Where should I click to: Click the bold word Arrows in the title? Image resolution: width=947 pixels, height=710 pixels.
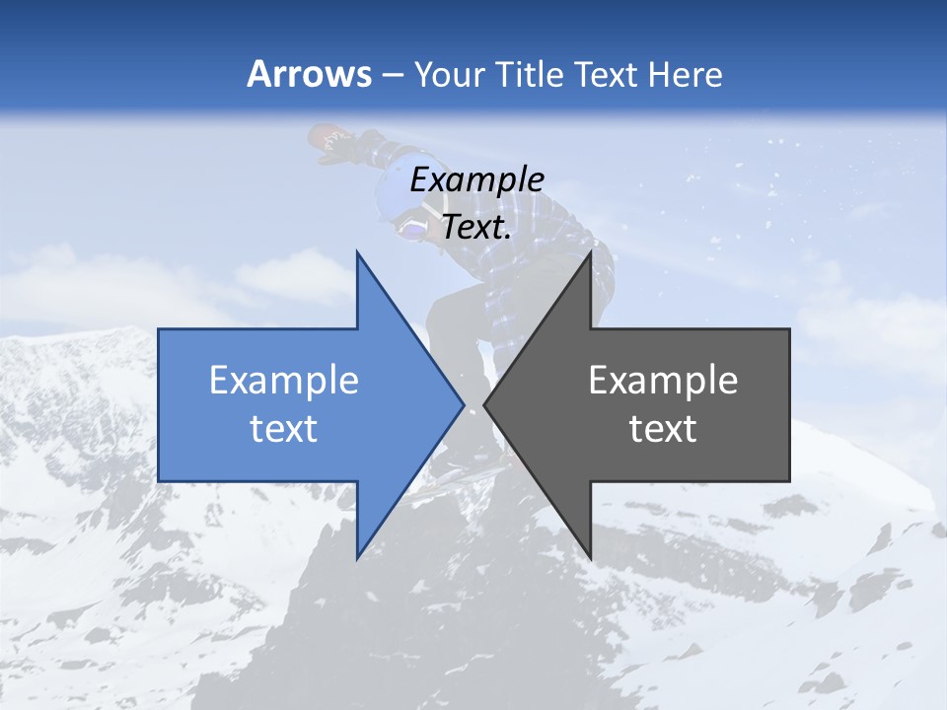click(310, 74)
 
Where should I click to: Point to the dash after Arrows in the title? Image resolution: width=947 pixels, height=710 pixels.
click(392, 75)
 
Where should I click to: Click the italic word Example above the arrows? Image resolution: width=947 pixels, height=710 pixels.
click(476, 179)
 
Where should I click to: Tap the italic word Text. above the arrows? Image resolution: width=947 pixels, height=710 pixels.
click(476, 227)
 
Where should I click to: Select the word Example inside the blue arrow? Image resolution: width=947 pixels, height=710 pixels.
click(284, 380)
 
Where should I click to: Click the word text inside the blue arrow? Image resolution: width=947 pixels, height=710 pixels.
click(284, 428)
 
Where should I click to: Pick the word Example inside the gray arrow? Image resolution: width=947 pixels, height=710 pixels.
click(663, 380)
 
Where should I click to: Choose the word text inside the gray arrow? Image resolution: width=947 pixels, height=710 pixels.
click(663, 428)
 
